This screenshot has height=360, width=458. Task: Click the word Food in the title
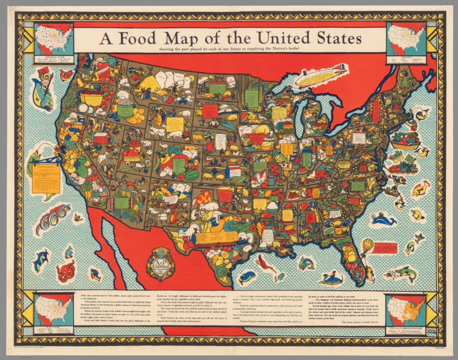coord(146,39)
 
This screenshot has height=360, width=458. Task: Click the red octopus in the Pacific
coord(66,271)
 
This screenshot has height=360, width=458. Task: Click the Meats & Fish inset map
coord(54,38)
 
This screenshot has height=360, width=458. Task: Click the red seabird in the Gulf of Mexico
coord(267,264)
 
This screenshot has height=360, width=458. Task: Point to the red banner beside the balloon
coord(384,248)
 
